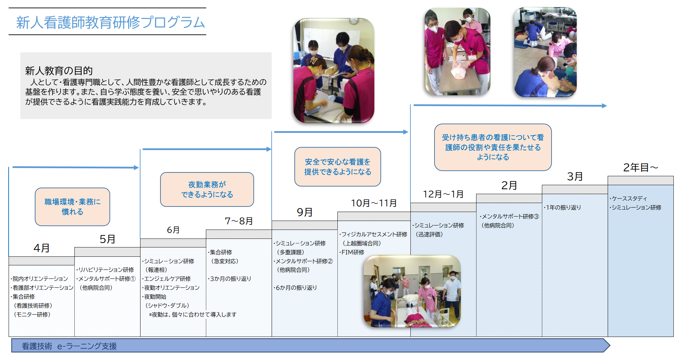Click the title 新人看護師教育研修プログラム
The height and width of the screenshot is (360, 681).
(111, 22)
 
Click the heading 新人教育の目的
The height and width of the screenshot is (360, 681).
(59, 71)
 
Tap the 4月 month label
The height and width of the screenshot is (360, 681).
(42, 248)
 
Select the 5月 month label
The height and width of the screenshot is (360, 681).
(107, 239)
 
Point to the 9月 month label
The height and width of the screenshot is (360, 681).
(305, 212)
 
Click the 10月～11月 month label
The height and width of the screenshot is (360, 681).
(374, 203)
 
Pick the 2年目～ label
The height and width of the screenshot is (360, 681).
(641, 167)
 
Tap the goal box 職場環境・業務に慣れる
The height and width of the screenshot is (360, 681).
(72, 207)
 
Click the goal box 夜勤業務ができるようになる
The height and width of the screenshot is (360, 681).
(207, 190)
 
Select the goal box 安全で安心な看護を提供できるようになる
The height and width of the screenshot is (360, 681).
(338, 167)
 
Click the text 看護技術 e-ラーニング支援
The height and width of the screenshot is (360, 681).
(69, 346)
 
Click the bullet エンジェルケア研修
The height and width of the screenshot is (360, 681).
(166, 278)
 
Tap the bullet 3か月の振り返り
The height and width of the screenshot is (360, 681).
(230, 278)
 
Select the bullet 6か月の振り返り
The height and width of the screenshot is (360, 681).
(295, 287)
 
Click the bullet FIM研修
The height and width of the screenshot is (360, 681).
(352, 252)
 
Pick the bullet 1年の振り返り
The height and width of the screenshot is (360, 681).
(563, 207)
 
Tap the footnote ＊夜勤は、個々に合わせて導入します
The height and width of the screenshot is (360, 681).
(193, 314)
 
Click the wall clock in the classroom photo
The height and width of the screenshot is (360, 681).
(353, 21)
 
